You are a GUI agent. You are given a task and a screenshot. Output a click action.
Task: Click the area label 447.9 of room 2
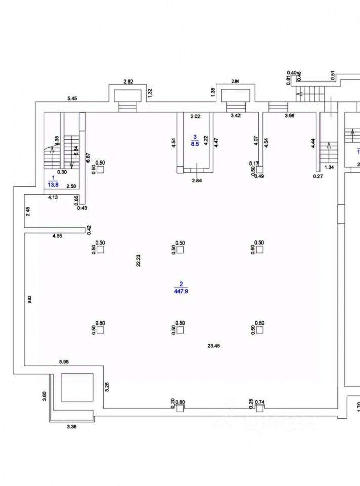180,291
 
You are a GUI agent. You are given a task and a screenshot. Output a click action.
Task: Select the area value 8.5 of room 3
194,144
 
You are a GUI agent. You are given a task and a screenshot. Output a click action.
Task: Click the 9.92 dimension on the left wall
30,299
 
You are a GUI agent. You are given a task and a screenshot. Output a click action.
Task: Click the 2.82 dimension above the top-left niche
128,82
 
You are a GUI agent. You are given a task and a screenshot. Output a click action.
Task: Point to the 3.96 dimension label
290,116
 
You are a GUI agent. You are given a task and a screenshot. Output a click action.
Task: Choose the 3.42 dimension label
236,116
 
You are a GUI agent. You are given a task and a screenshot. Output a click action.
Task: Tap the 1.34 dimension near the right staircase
329,167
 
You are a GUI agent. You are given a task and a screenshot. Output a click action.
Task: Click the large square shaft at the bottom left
77,387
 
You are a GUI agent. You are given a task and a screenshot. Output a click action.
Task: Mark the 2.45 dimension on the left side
29,211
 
